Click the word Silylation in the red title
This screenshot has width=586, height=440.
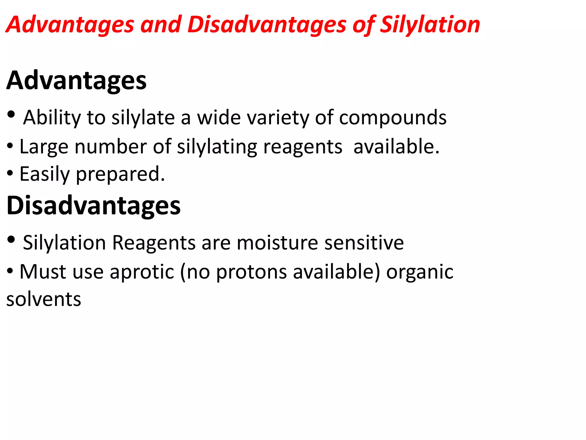coord(430,25)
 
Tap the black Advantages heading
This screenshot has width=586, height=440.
coord(76,81)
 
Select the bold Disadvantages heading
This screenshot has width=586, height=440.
coord(94,205)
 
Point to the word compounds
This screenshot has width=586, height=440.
coord(393,118)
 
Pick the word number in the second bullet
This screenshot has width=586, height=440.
coord(110,147)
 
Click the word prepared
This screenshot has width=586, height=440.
coord(120,174)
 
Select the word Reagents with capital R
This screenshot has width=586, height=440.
coord(154,243)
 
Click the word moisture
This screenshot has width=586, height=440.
coord(277,243)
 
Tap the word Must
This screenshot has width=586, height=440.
coord(43,272)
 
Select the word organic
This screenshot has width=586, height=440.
coord(420,272)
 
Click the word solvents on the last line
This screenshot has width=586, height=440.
coord(44,299)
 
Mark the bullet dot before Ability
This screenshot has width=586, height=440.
coord(11,115)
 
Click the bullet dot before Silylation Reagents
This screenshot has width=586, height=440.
coord(11,239)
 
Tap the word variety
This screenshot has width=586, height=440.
coord(278,118)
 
